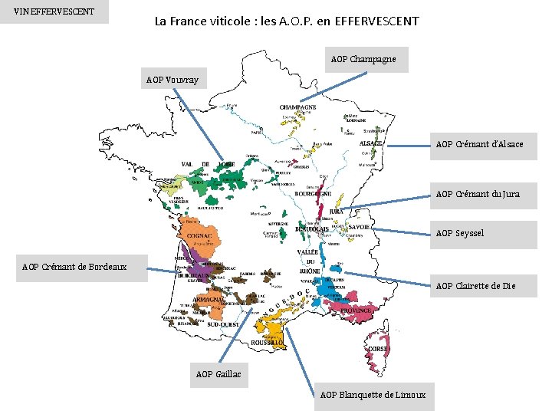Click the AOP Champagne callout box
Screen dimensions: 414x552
pyautogui.click(x=363, y=59)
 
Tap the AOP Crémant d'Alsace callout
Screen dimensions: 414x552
pyautogui.click(x=480, y=144)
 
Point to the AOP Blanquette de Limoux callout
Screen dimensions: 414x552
pyautogui.click(x=372, y=395)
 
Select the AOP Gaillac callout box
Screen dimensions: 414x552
pyautogui.click(x=219, y=374)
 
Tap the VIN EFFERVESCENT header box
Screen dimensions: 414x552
pyautogui.click(x=54, y=11)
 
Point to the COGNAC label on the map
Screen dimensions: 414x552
pyautogui.click(x=200, y=235)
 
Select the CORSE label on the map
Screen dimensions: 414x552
pyautogui.click(x=378, y=349)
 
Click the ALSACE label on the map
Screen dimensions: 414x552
pyautogui.click(x=372, y=143)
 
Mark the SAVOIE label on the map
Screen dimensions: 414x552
pyautogui.click(x=360, y=228)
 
